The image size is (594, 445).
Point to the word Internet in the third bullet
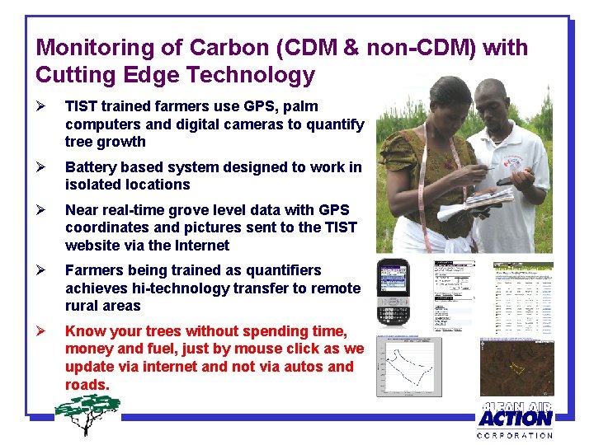coord(200,246)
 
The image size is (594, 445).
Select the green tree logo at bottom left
coord(86,413)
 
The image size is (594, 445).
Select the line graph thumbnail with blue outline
coord(420,367)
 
